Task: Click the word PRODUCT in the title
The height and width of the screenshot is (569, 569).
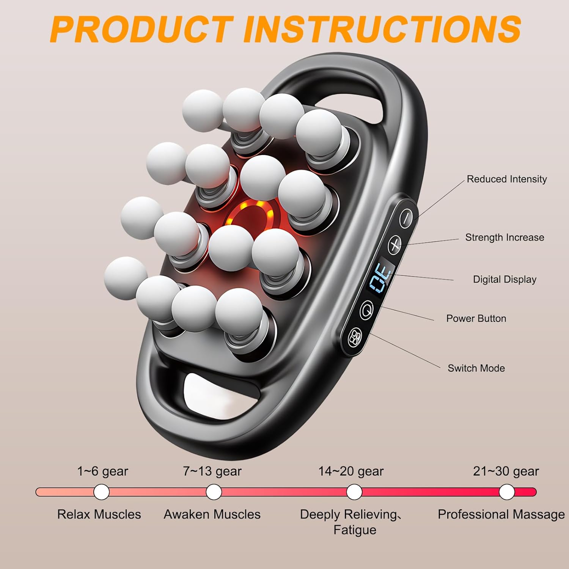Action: coord(141,29)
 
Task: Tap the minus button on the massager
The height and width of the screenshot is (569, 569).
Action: coord(406,218)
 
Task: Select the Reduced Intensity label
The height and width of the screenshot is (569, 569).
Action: coord(506,179)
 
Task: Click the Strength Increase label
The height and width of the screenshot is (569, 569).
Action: coord(505,237)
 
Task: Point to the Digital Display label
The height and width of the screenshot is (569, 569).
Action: coord(505,280)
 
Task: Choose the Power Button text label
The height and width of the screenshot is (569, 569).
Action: coord(476,319)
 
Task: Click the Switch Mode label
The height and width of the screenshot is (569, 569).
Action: coord(476,368)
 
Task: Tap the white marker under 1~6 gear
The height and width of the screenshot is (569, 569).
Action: coord(101,492)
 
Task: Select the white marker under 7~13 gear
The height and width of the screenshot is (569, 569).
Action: coord(214,492)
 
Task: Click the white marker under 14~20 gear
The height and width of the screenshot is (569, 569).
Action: coord(354,492)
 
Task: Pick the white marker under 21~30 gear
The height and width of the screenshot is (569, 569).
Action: coord(507,492)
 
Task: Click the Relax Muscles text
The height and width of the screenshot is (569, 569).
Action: coord(99,514)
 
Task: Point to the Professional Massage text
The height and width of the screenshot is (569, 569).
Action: coord(501,514)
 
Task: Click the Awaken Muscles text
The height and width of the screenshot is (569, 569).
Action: coord(212,514)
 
